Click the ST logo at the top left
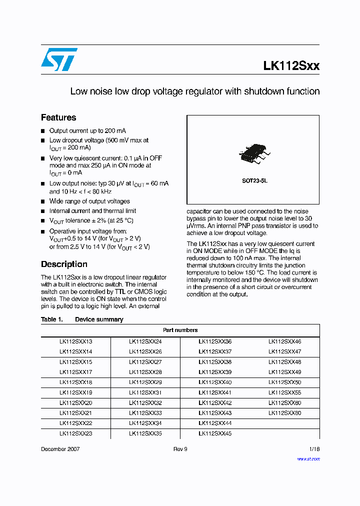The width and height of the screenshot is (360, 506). pyautogui.click(x=59, y=59)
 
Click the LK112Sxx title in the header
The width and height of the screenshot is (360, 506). pyautogui.click(x=291, y=66)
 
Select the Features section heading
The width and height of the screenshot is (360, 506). pyautogui.click(x=58, y=117)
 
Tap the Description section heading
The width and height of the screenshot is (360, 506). pyautogui.click(x=64, y=264)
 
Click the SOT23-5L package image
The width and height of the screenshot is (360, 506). pyautogui.click(x=252, y=154)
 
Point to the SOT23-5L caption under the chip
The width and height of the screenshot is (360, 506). pyautogui.click(x=252, y=181)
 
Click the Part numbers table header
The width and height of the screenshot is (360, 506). pyautogui.click(x=180, y=330)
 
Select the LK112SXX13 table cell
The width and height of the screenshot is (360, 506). pyautogui.click(x=75, y=341)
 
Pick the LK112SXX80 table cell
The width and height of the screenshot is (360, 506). pyautogui.click(x=284, y=413)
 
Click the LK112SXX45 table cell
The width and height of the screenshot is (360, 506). pyautogui.click(x=215, y=433)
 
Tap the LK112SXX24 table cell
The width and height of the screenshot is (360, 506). pyautogui.click(x=145, y=341)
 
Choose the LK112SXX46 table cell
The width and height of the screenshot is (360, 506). pyautogui.click(x=284, y=341)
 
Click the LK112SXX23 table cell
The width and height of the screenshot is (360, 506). pyautogui.click(x=75, y=433)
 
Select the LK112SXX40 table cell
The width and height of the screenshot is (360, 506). pyautogui.click(x=215, y=382)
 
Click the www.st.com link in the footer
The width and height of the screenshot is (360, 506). pyautogui.click(x=308, y=458)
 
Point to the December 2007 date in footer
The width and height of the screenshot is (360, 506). pyautogui.click(x=60, y=449)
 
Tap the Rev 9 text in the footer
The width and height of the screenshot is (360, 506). pyautogui.click(x=180, y=449)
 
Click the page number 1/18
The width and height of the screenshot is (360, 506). pyautogui.click(x=314, y=449)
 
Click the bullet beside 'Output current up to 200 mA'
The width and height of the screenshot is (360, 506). pyautogui.click(x=43, y=131)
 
